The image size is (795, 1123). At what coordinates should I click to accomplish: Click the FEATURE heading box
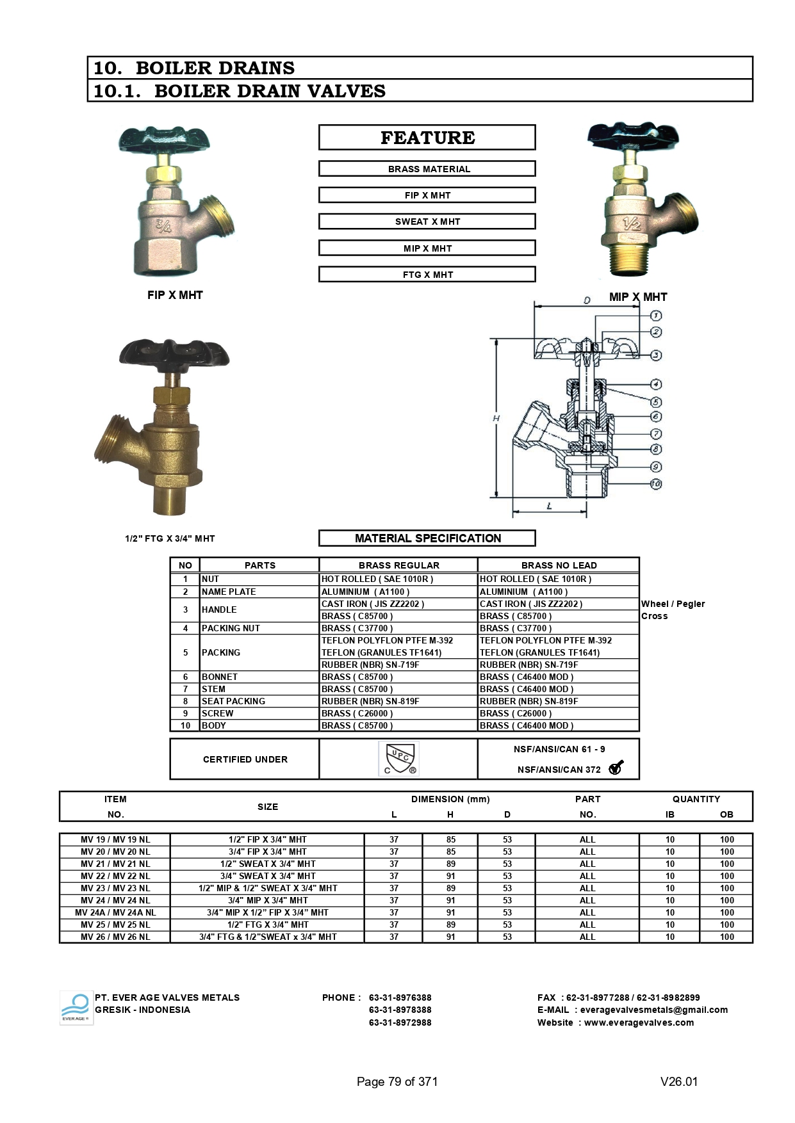(x=427, y=138)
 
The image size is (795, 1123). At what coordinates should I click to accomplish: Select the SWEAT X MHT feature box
(x=427, y=222)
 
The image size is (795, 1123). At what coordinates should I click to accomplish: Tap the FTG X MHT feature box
(x=427, y=275)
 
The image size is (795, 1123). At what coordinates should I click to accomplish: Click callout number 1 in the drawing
(x=656, y=316)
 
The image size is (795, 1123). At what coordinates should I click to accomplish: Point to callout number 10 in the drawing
(x=656, y=484)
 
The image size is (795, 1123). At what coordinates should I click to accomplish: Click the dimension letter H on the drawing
(x=496, y=418)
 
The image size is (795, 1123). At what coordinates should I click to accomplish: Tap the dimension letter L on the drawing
(x=550, y=506)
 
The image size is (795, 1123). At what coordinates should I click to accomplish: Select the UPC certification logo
(x=398, y=759)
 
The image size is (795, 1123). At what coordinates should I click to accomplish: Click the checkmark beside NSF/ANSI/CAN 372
(x=616, y=768)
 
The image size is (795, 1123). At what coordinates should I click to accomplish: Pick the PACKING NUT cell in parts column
(x=231, y=628)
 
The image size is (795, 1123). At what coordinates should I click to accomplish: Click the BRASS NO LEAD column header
(x=559, y=565)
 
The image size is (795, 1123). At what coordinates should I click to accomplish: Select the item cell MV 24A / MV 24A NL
(x=115, y=912)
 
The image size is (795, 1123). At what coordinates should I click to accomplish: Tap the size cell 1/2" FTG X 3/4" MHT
(x=268, y=925)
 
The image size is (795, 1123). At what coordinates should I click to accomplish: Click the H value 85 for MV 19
(x=451, y=839)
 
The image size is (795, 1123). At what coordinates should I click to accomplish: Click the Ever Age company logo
(x=76, y=1008)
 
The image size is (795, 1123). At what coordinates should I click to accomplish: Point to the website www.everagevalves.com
(x=639, y=1022)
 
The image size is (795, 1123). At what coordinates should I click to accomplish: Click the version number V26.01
(x=679, y=1081)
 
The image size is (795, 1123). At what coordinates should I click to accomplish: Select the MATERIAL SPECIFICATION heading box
(x=427, y=538)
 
